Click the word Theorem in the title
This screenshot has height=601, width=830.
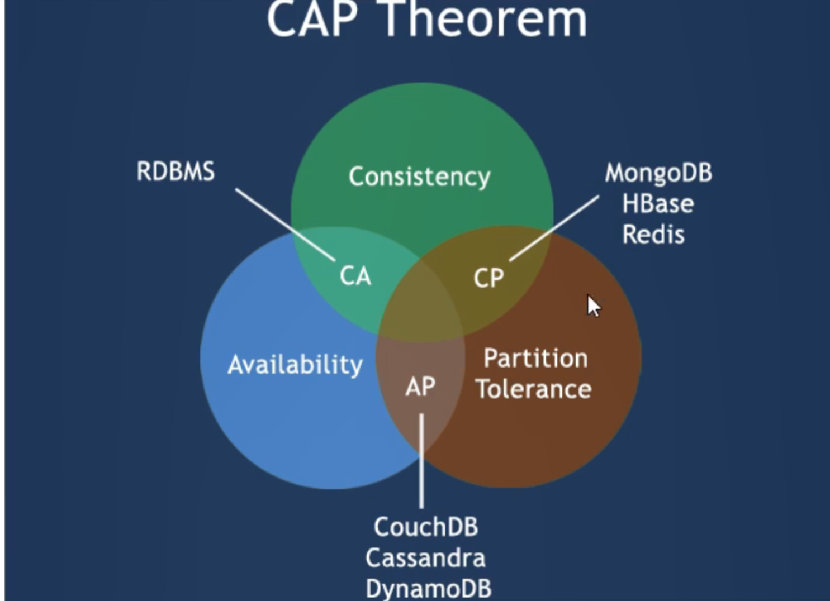[485, 20]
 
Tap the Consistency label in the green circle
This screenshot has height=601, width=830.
[419, 177]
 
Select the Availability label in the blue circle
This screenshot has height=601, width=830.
[295, 365]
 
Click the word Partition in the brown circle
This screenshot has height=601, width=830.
[535, 359]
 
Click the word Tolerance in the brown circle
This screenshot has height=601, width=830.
[533, 389]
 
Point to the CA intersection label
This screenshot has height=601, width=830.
[355, 276]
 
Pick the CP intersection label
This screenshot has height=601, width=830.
[488, 278]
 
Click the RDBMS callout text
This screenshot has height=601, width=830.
[176, 171]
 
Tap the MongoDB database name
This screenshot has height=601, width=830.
[658, 173]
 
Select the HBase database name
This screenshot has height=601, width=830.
[658, 204]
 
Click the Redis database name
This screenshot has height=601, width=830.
[653, 235]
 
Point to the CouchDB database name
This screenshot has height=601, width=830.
[426, 527]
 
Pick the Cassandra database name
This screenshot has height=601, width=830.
[425, 558]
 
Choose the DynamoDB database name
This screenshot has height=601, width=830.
[428, 588]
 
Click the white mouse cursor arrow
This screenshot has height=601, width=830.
[592, 306]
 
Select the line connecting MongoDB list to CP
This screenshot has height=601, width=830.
[554, 228]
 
